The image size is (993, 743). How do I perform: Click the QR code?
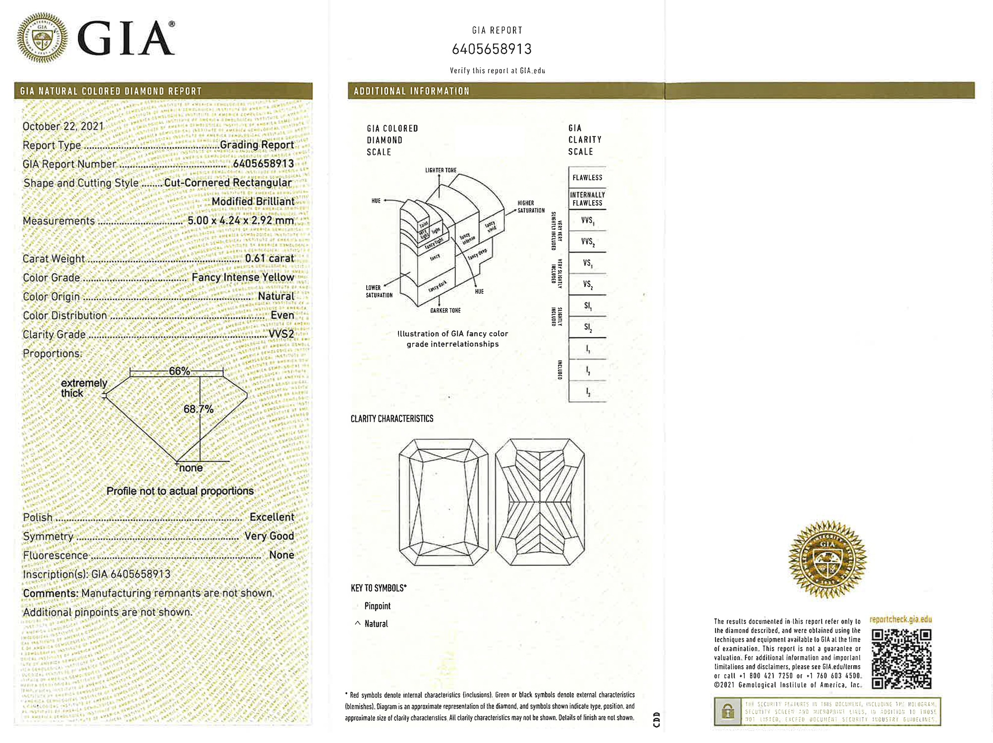(x=901, y=659)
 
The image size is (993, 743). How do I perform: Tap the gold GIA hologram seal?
(x=827, y=559)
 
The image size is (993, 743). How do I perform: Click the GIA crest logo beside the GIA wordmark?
(x=43, y=38)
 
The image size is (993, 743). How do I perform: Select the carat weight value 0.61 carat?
(x=269, y=258)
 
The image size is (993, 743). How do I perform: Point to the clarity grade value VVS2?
(x=281, y=334)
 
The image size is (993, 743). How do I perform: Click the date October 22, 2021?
(x=63, y=126)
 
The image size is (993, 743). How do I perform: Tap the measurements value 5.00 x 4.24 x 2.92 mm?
(x=240, y=220)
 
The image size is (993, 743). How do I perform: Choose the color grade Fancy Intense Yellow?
(x=242, y=277)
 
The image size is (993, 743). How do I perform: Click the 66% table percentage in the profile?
(x=179, y=371)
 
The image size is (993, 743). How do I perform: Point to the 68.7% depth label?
(x=198, y=409)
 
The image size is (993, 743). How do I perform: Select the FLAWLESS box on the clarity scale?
(x=587, y=178)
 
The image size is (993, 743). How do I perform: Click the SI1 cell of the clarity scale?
(x=588, y=306)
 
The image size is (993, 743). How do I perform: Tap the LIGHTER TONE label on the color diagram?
(x=441, y=170)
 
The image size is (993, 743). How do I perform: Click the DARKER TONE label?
(x=445, y=311)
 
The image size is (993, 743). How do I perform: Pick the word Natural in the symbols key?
(x=376, y=624)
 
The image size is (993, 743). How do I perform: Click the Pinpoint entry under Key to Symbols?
(x=377, y=606)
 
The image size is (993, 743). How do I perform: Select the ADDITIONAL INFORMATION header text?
(x=411, y=91)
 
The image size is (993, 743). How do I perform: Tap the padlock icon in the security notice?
(x=727, y=712)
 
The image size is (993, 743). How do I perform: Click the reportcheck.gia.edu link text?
(x=900, y=620)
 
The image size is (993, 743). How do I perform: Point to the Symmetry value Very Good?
(x=269, y=536)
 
